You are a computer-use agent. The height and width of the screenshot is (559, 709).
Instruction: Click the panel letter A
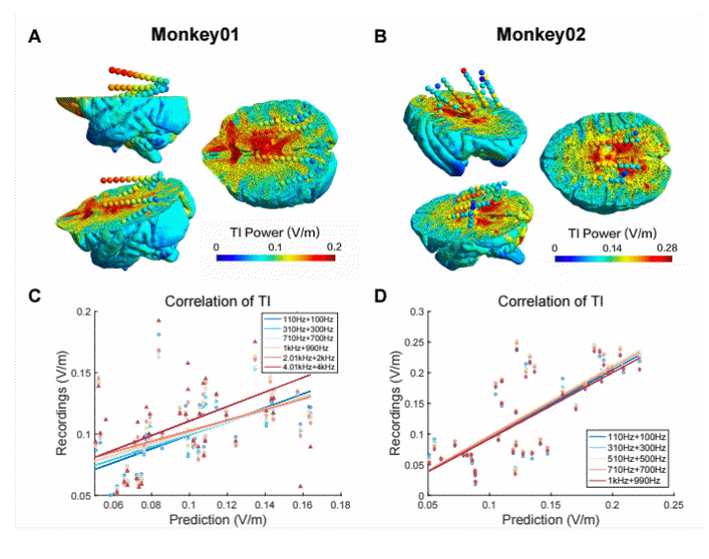36,39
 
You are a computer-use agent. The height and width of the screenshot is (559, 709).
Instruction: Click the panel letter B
380,39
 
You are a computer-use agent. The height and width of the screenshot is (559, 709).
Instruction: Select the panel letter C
36,295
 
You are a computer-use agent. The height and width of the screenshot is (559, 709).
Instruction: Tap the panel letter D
380,295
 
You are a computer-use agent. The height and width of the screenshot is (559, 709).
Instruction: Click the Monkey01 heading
196,36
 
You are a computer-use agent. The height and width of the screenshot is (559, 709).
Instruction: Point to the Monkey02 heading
541,36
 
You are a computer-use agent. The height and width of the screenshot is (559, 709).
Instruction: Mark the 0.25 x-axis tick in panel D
673,506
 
